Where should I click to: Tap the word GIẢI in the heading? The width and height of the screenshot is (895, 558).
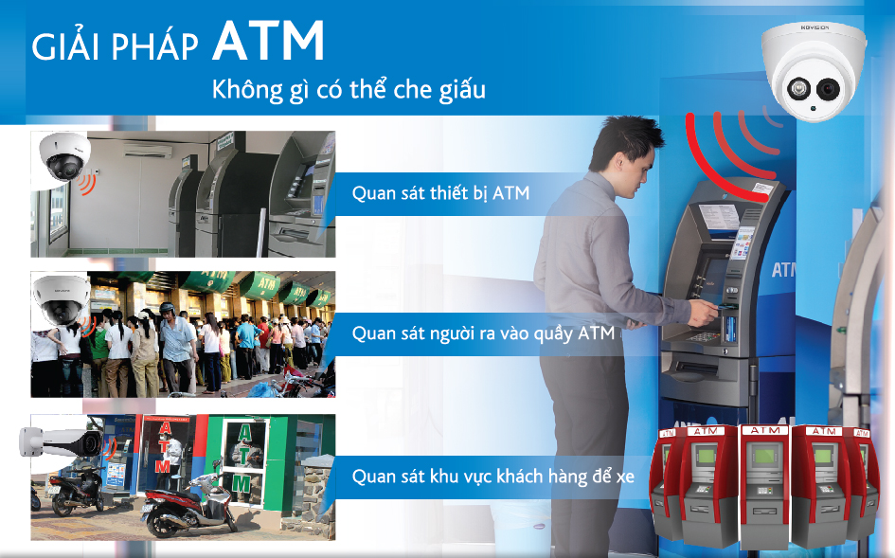point(66,45)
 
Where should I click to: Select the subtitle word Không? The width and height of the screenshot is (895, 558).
point(247,90)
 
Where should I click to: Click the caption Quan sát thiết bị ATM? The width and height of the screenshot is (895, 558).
point(440,193)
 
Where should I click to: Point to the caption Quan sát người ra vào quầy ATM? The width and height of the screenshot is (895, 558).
point(483,333)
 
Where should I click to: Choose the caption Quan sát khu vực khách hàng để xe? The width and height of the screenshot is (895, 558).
point(493,476)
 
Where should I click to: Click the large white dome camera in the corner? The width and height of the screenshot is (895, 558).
point(813,71)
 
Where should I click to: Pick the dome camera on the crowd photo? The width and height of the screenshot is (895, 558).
point(61,299)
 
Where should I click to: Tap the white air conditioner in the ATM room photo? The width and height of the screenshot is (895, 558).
point(149,152)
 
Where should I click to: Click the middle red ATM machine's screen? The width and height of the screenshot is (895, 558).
point(763,457)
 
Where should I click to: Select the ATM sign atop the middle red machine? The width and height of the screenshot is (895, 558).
point(765,431)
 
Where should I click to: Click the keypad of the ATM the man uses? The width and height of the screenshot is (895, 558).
point(703,336)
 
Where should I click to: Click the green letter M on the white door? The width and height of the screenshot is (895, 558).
point(241,485)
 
